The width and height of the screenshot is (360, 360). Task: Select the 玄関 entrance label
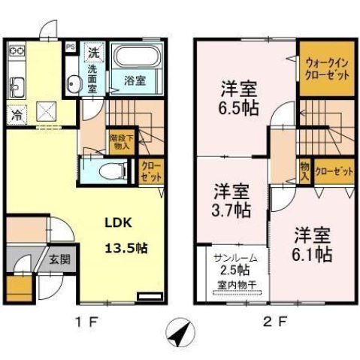60,260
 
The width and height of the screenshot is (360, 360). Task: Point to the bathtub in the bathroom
135,57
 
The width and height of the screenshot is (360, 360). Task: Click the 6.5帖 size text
240,107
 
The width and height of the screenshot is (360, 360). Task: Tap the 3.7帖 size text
231,209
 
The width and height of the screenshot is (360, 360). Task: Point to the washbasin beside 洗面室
71,83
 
